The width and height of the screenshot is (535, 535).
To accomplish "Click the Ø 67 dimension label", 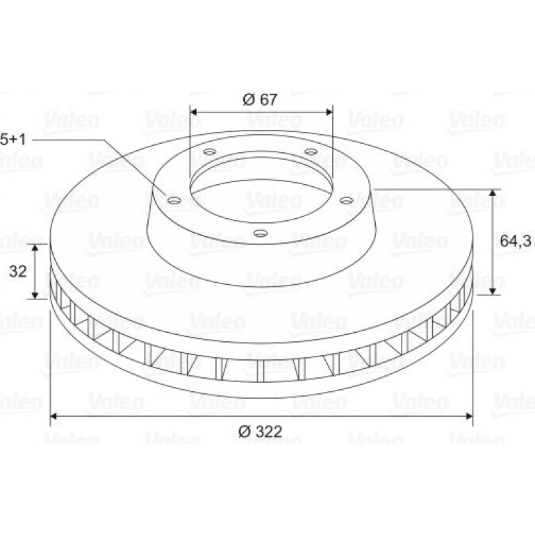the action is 260,99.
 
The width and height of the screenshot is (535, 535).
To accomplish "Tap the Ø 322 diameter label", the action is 261,431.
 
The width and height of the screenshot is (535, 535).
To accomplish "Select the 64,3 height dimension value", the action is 516,241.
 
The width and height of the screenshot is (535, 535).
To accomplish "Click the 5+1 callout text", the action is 13,139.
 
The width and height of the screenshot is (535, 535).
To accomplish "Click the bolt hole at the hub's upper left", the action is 209,151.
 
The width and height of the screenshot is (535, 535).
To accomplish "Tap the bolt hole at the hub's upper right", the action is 311,151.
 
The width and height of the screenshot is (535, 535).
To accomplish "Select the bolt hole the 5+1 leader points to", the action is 174,201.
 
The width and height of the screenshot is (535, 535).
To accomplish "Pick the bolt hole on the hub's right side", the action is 346,201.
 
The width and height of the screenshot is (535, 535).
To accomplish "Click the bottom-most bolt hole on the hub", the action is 260,233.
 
